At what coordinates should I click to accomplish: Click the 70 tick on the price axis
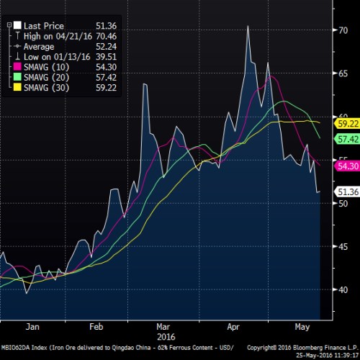pos(345,30)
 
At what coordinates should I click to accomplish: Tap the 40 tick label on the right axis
pos(345,290)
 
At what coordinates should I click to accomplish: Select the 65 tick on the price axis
pos(345,73)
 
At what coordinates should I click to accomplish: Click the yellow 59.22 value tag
pos(347,124)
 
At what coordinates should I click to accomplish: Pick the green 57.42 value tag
pos(347,139)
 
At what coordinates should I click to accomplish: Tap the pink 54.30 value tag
pos(347,166)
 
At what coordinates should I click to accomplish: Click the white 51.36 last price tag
pos(347,192)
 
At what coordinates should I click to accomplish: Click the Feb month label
pos(96,325)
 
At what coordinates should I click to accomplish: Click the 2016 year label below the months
pos(166,336)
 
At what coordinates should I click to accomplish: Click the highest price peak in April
pos(248,26)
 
